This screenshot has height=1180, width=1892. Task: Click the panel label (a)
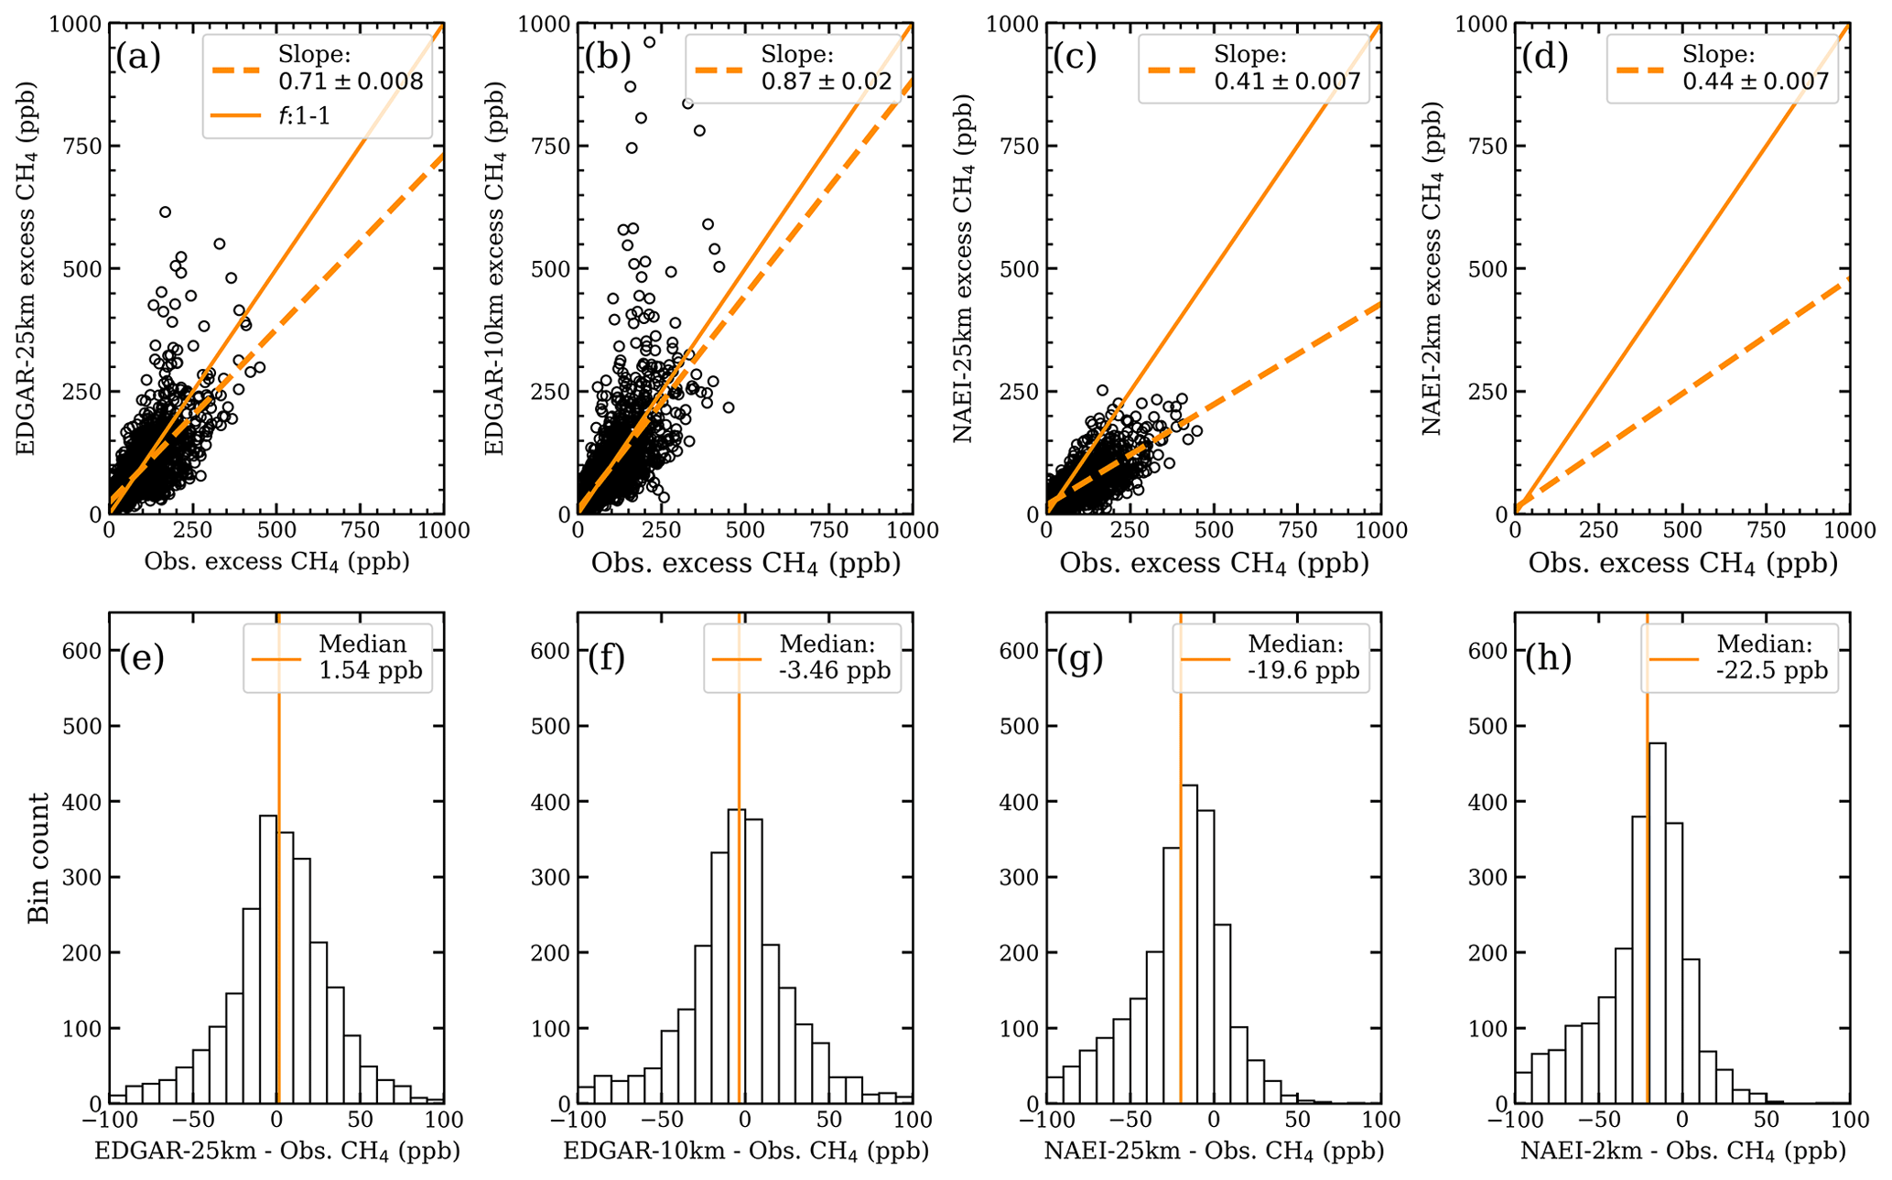[x=137, y=57]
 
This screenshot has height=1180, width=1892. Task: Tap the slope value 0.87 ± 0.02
[x=826, y=81]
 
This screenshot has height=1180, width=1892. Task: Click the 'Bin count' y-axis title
[x=38, y=858]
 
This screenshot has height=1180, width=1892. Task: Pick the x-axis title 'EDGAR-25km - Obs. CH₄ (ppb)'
[x=276, y=1151]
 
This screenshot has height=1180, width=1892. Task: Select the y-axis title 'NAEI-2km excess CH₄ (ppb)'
[x=1433, y=268]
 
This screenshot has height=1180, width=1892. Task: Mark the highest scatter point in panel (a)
[x=165, y=212]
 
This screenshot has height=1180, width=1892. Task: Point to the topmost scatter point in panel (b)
[x=649, y=42]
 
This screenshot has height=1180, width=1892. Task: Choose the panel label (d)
[x=1543, y=57]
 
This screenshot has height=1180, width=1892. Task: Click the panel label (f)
[x=606, y=657]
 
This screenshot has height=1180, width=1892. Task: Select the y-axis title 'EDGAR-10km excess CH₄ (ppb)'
[x=494, y=268]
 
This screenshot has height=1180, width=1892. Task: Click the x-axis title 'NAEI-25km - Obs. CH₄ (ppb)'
[x=1213, y=1151]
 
